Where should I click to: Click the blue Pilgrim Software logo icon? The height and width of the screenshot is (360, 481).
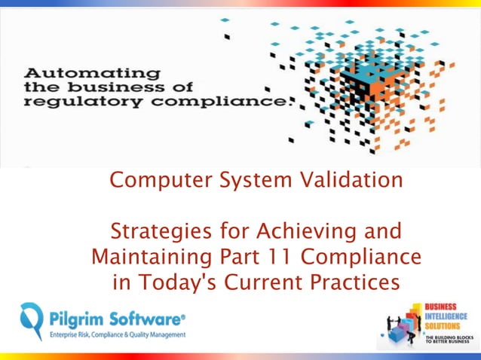click(32, 320)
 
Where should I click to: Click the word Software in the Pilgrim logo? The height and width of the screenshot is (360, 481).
click(142, 317)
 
